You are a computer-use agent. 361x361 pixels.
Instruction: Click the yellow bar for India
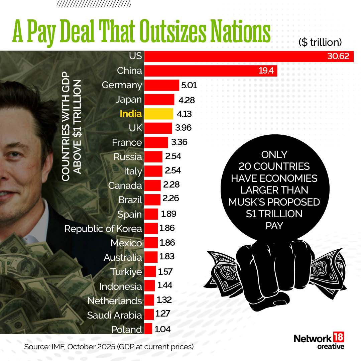[158, 114]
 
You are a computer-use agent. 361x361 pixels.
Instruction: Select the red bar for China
[211, 71]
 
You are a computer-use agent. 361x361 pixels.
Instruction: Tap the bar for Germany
[161, 85]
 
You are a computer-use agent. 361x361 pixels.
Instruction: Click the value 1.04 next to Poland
[163, 329]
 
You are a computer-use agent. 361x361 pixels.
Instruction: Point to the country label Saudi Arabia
[114, 315]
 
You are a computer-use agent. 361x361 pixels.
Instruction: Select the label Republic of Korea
[103, 229]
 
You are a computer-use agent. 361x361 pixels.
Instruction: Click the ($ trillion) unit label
[320, 42]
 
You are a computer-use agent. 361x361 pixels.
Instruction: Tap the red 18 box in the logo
[338, 338]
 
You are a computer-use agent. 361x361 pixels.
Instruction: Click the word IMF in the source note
[55, 347]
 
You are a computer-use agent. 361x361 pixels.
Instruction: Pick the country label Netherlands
[115, 301]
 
